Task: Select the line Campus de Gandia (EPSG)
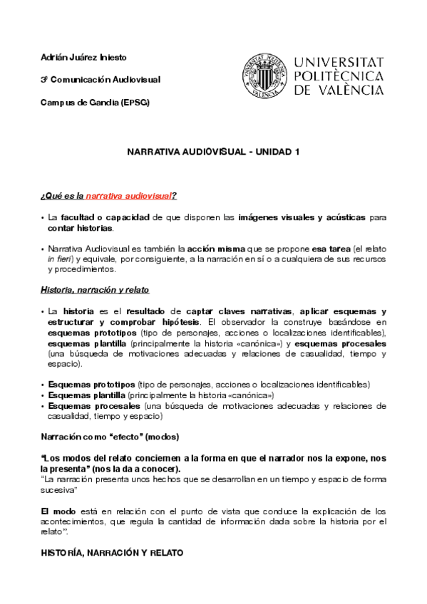click(x=95, y=102)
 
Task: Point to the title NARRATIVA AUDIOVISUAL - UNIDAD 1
click(x=213, y=152)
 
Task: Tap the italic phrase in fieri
click(x=59, y=259)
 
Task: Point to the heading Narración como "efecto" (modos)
click(x=110, y=436)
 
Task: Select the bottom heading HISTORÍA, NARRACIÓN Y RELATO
click(x=112, y=553)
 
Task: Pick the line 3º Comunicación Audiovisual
click(x=101, y=79)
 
